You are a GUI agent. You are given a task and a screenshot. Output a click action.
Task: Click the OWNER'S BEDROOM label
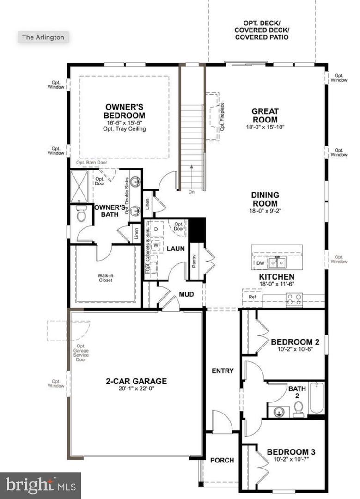click(x=124, y=111)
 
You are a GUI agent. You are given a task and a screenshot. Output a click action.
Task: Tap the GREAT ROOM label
click(x=265, y=115)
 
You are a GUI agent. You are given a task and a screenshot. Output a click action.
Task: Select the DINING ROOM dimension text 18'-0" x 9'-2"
click(x=265, y=211)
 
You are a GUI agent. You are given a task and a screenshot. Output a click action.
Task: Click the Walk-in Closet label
click(x=105, y=277)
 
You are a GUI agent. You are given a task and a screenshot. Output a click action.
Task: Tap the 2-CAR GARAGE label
click(x=136, y=381)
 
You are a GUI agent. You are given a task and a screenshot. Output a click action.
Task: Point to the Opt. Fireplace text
click(x=222, y=117)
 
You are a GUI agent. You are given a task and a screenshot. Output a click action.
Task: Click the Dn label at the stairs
click(x=191, y=191)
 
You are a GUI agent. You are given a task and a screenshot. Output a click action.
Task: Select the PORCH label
click(x=222, y=460)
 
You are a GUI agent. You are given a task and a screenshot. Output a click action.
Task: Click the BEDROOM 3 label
click(x=291, y=451)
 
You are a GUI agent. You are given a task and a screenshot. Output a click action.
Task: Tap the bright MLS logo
click(x=41, y=485)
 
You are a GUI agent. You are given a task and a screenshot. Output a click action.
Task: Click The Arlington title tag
click(x=43, y=37)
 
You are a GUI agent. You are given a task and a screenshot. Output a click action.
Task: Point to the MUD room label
click(x=186, y=294)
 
